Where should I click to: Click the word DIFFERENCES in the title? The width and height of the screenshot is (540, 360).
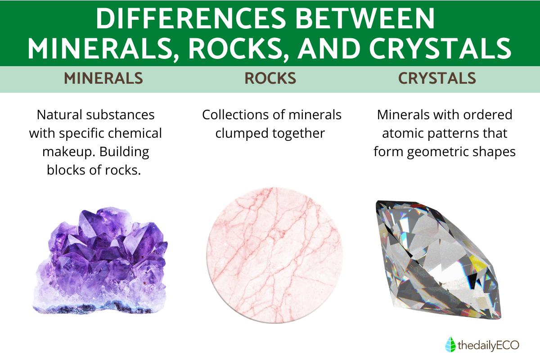tap(191, 18)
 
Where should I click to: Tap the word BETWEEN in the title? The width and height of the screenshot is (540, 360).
tap(365, 18)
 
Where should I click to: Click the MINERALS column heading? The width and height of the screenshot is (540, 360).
tap(103, 78)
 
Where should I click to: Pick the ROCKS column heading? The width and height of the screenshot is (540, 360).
tap(270, 78)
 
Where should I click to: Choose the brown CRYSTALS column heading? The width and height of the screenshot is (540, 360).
tap(437, 78)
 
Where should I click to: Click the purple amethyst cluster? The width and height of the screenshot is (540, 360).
tap(100, 261)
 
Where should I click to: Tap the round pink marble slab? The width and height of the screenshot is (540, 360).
tap(274, 255)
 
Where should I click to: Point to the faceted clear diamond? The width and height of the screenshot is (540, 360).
tap(437, 259)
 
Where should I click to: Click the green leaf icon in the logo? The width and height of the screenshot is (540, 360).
tap(450, 344)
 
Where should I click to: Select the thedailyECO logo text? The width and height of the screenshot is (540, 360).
tap(488, 345)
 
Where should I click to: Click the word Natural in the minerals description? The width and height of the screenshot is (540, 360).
tap(59, 115)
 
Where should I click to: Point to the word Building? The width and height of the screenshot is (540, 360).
tap(124, 152)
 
